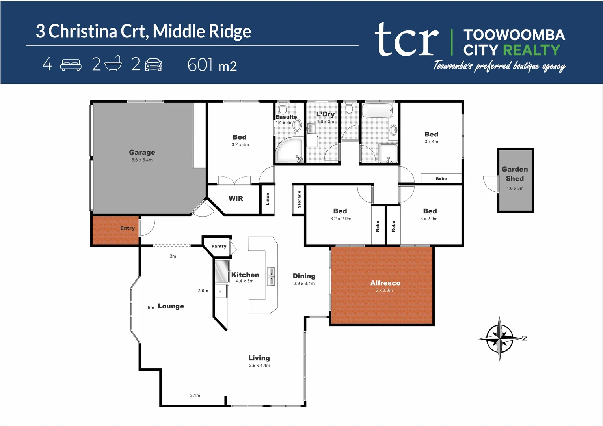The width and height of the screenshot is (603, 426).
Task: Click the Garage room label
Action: pyautogui.click(x=142, y=152)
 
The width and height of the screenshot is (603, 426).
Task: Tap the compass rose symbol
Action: pyautogui.click(x=500, y=338)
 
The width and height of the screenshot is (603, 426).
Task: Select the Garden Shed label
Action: pyautogui.click(x=515, y=174)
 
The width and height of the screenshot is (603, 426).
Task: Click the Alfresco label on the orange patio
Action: pyautogui.click(x=385, y=283)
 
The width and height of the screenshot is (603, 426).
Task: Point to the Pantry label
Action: pyautogui.click(x=219, y=246)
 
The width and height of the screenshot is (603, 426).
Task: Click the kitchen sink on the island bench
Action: pyautogui.click(x=271, y=276)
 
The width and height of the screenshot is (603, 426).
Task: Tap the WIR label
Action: pyautogui.click(x=236, y=199)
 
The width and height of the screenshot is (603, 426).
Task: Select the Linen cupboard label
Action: pyautogui.click(x=268, y=199)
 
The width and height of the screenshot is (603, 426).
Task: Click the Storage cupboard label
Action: pyautogui.click(x=299, y=200)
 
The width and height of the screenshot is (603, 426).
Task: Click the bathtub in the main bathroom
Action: pyautogui.click(x=377, y=110)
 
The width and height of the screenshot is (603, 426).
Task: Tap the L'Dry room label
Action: pyautogui.click(x=326, y=114)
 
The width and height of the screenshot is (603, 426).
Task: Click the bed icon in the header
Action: pyautogui.click(x=71, y=65)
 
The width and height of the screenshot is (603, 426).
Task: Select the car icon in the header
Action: pyautogui.click(x=153, y=65)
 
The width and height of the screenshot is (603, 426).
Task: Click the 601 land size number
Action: pyautogui.click(x=200, y=65)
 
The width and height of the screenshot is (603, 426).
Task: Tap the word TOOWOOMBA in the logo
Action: pyautogui.click(x=514, y=35)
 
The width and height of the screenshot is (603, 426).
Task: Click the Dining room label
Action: pyautogui.click(x=304, y=276)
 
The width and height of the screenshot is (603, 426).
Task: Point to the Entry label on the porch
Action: pyautogui.click(x=127, y=228)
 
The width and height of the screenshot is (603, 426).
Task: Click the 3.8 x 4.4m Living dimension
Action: pyautogui.click(x=259, y=366)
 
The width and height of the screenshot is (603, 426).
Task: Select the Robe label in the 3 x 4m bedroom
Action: pyautogui.click(x=441, y=179)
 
